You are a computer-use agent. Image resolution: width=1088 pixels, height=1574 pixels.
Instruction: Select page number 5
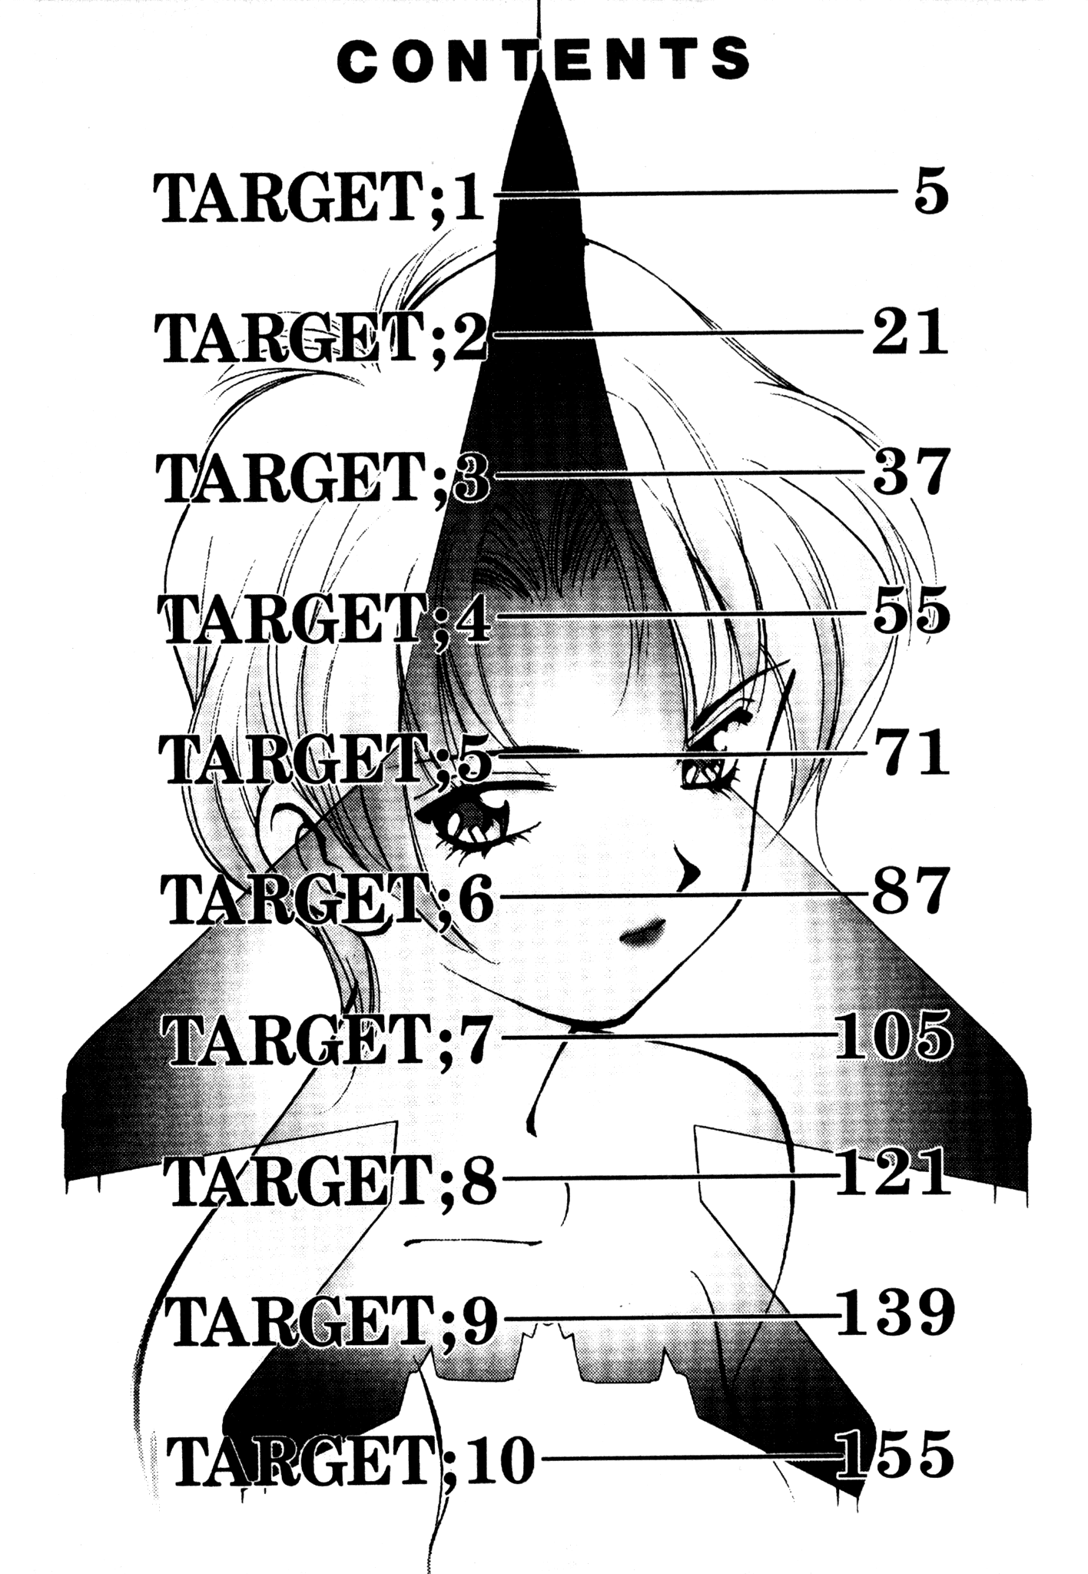(931, 195)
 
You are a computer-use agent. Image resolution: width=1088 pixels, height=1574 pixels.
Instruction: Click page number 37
(911, 473)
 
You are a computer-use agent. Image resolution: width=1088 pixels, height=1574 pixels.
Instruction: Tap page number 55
(911, 613)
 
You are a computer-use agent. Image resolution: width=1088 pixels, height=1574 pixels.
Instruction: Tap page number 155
(894, 1455)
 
